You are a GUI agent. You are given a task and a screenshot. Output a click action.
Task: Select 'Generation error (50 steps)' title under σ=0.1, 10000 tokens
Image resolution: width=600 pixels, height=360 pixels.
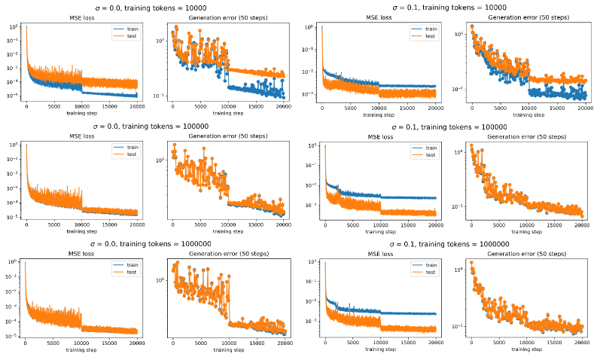coord(526,17)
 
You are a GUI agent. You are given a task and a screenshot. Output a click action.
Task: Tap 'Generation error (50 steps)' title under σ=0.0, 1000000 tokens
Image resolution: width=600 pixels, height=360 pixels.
coord(229,255)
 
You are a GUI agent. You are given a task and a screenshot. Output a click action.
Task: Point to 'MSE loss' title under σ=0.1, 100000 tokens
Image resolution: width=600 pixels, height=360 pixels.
coord(380,137)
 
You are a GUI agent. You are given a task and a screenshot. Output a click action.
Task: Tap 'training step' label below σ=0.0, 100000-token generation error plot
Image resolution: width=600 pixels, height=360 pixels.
coord(229,231)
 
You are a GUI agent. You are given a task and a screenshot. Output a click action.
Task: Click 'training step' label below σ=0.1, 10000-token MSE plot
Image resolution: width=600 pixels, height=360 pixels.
coord(380,113)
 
